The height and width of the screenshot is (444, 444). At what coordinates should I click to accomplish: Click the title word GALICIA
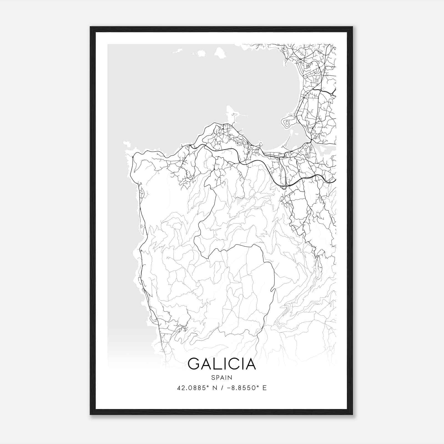tap(222, 364)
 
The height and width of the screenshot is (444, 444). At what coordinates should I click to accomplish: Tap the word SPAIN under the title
tap(222, 377)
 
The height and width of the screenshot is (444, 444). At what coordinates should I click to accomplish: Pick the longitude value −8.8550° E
tap(247, 388)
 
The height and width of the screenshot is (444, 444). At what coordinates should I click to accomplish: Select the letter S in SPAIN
tap(213, 377)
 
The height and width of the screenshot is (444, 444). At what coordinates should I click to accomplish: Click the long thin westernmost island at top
tap(178, 51)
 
